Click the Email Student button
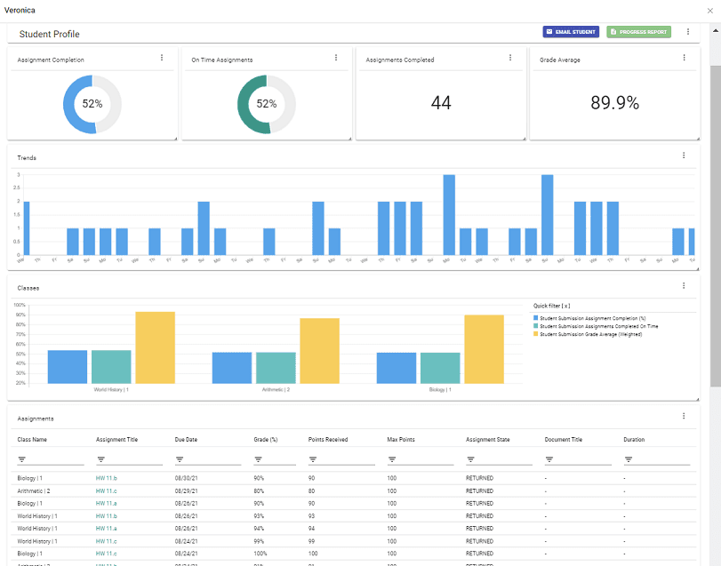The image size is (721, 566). click(571, 32)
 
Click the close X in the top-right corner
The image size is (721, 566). click(709, 11)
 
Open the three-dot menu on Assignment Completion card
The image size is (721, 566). click(162, 58)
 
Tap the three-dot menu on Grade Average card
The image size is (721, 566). click(684, 58)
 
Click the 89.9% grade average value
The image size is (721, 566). click(614, 103)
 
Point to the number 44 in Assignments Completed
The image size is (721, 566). click(441, 103)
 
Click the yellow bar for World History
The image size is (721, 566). click(155, 347)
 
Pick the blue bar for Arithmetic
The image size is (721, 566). click(231, 368)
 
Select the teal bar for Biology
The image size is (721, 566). click(440, 368)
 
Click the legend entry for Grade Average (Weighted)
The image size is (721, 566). click(589, 335)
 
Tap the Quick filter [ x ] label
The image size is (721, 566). click(551, 306)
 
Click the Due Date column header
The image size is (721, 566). click(185, 440)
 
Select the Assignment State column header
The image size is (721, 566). click(487, 440)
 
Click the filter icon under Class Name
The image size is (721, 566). click(21, 459)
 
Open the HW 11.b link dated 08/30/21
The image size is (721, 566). click(107, 479)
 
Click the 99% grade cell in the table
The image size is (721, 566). click(259, 541)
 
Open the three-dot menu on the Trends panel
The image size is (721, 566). click(684, 155)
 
